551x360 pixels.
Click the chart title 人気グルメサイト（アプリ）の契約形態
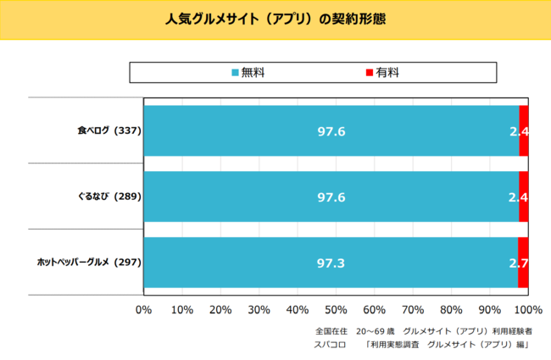click(x=275, y=19)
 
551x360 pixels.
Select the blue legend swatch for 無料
click(x=236, y=73)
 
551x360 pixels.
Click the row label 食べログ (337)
click(x=109, y=130)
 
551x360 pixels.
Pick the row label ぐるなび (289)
click(x=109, y=197)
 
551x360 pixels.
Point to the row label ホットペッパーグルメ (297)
click(x=89, y=262)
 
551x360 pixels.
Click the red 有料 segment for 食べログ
click(x=524, y=130)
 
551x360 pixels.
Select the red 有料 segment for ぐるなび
click(x=524, y=197)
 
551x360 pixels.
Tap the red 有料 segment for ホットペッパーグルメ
click(x=523, y=263)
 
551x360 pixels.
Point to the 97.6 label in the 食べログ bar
click(x=331, y=131)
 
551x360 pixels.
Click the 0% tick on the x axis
click(x=143, y=308)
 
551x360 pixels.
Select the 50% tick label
click(x=336, y=308)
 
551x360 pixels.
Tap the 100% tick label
click(x=526, y=308)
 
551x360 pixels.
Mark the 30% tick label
click(x=259, y=308)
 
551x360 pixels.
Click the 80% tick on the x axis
click(x=451, y=308)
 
